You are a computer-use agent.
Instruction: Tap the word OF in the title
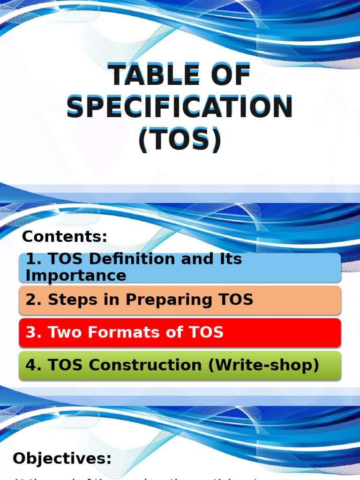tap(228, 76)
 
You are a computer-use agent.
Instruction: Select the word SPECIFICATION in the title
tap(180, 107)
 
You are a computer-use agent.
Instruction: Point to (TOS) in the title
tap(180, 139)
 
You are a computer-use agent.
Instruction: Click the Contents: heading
tap(65, 237)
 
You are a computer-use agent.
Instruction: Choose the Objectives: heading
tap(62, 458)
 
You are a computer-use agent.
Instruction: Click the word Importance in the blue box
tap(76, 276)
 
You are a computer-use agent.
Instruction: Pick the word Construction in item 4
tap(150, 365)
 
